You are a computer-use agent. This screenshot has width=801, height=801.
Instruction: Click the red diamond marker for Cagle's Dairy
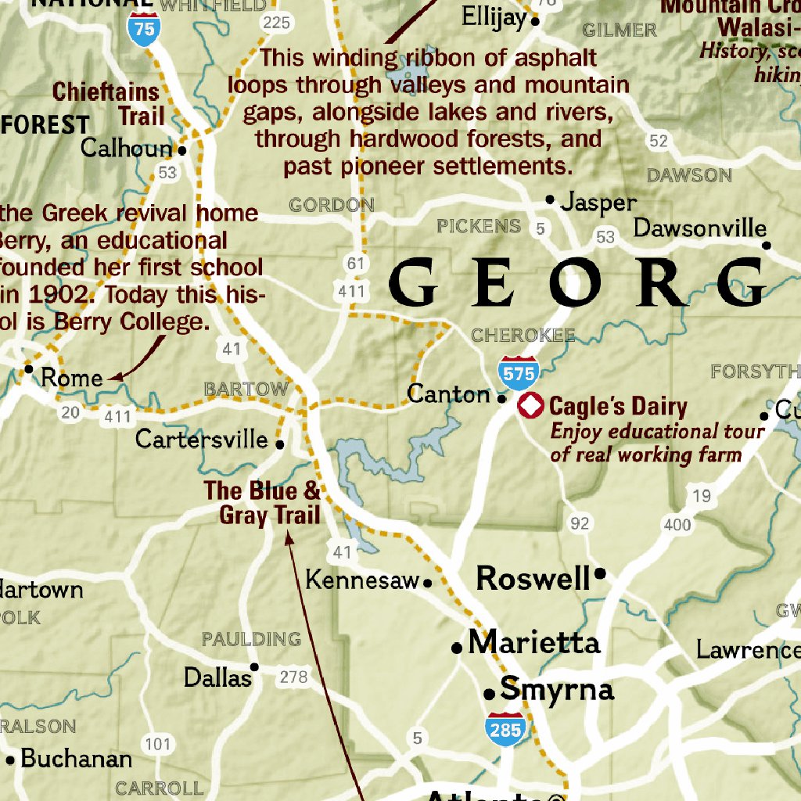coord(531,406)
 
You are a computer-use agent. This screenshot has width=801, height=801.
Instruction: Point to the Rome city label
coord(71,378)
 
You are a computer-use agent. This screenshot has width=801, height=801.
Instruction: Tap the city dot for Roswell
coord(600,573)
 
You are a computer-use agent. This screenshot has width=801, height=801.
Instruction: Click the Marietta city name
coord(533,643)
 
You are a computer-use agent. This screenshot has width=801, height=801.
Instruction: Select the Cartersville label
coord(202,439)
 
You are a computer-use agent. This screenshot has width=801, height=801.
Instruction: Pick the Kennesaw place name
coord(362,580)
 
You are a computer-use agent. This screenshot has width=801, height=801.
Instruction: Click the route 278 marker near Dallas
coord(293,677)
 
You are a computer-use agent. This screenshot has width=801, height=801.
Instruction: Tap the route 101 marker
coord(158,743)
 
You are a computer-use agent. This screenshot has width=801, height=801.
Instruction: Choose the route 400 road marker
coord(677,524)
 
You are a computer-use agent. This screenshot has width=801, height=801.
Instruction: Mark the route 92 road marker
coord(579,523)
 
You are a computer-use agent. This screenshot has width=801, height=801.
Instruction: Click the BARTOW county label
coord(246,389)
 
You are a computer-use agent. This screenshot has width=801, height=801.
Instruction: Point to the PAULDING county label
coord(251,639)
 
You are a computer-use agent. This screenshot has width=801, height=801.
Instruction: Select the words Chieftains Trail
coord(108,104)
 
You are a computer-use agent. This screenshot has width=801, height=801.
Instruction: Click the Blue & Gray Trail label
coord(264,502)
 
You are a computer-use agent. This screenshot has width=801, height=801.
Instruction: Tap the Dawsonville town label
coord(699,228)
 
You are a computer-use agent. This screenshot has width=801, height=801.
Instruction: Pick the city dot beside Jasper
coord(550,199)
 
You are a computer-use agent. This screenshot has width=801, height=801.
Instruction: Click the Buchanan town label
coord(76,758)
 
